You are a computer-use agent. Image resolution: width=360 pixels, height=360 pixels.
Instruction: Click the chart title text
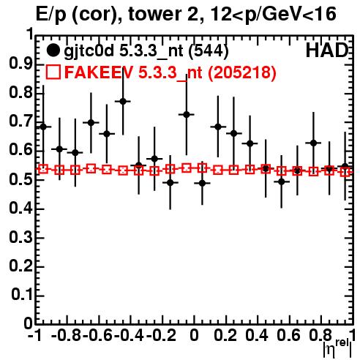[x=186, y=14]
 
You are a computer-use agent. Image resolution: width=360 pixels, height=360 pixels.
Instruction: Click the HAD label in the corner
[x=327, y=50]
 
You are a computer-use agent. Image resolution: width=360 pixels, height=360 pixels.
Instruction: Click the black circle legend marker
[x=53, y=50]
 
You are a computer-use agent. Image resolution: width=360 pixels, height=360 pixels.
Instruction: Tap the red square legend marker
[x=53, y=72]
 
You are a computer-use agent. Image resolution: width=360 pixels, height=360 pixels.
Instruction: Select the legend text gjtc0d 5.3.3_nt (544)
[x=146, y=51]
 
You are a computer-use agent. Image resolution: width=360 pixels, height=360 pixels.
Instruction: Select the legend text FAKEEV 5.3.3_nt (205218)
[x=170, y=72]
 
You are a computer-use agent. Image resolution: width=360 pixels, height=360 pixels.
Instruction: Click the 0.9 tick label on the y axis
[x=20, y=64]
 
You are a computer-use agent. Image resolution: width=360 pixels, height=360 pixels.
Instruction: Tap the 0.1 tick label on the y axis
[x=21, y=295]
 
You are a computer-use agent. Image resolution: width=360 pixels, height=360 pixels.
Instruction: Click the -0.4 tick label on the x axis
[x=130, y=335]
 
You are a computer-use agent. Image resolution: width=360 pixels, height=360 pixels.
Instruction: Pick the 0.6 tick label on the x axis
[x=288, y=335]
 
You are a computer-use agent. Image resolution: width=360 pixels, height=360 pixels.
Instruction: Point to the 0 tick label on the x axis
[x=194, y=335]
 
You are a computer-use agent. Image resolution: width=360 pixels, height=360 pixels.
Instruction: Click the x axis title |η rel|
[x=337, y=348]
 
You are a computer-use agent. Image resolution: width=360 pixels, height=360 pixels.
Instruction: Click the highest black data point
[x=123, y=101]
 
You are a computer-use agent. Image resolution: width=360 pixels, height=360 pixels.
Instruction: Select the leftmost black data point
[x=43, y=127]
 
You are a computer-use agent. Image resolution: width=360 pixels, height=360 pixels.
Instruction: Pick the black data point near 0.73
[x=187, y=114]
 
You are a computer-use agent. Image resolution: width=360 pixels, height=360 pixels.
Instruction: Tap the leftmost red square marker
[x=43, y=169]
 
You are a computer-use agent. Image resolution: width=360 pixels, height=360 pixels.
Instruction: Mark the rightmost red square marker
[x=345, y=172]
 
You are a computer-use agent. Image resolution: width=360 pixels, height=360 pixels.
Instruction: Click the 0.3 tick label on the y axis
[x=20, y=237]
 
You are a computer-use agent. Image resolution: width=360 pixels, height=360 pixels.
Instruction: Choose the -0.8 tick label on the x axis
[x=67, y=335]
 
